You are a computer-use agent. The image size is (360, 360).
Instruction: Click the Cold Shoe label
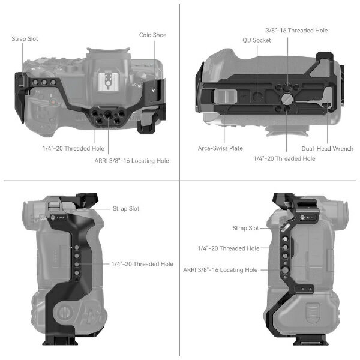(152, 35)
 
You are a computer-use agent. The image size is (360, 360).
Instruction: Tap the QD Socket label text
(257, 40)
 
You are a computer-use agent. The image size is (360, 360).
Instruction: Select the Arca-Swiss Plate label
(220, 148)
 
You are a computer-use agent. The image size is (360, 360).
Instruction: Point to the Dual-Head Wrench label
(327, 149)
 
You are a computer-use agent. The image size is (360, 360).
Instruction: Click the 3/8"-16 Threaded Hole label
(296, 31)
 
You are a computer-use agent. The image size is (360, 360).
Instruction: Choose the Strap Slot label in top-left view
(25, 39)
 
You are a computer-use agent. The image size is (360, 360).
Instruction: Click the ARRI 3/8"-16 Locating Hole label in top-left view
(132, 160)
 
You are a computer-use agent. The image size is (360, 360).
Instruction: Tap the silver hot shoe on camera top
(107, 82)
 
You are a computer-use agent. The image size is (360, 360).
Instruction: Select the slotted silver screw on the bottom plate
(287, 99)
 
